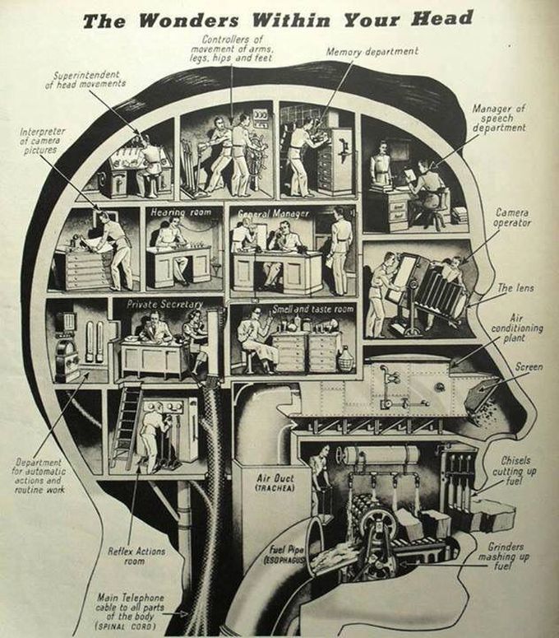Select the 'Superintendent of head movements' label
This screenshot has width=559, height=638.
pos(91,78)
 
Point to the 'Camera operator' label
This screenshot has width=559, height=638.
pos(513,217)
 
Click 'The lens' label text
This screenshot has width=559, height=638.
pos(516,287)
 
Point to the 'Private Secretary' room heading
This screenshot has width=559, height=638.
pos(164,303)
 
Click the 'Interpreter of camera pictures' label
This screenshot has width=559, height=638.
pos(41,142)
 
